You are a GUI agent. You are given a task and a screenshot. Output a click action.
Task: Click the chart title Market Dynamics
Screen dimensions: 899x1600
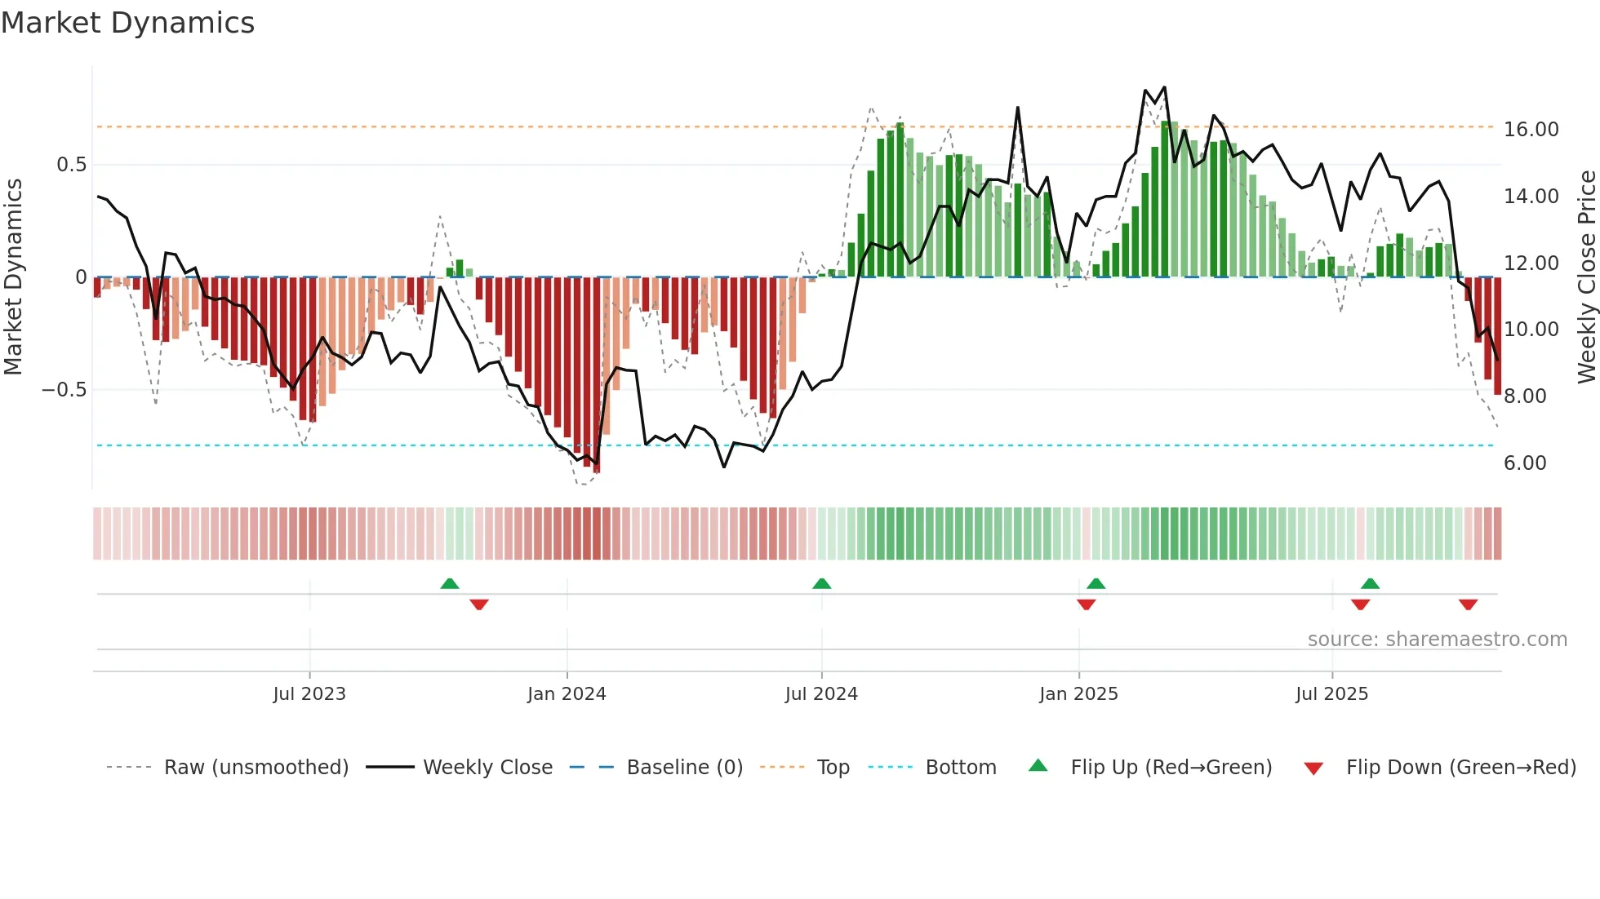point(127,23)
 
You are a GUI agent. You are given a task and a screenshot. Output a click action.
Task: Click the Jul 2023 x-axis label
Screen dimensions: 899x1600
point(309,694)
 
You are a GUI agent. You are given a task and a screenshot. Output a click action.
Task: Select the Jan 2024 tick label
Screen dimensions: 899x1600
point(567,694)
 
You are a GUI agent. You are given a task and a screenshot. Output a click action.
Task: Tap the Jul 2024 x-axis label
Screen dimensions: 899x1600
point(821,694)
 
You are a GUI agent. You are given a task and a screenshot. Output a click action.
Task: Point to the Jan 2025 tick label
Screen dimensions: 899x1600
point(1078,694)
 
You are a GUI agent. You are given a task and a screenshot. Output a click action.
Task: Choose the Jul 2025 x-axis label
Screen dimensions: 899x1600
point(1331,694)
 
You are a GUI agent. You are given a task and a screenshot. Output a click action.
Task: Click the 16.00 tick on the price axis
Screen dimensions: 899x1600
point(1531,130)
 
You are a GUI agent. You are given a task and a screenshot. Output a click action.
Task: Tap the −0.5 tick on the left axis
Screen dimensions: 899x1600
point(64,390)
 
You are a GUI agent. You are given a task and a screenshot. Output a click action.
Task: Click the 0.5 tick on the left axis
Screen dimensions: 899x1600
point(71,165)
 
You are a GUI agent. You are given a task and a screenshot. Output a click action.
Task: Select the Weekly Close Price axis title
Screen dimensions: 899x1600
point(1586,277)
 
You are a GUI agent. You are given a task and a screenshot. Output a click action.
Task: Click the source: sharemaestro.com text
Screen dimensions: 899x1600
point(1437,640)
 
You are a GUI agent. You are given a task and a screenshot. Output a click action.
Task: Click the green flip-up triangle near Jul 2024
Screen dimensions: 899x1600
point(822,583)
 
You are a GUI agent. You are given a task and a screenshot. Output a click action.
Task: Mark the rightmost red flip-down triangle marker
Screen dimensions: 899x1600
point(1468,604)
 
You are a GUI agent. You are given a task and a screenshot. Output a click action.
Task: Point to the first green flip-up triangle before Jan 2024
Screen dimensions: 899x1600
point(450,583)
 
